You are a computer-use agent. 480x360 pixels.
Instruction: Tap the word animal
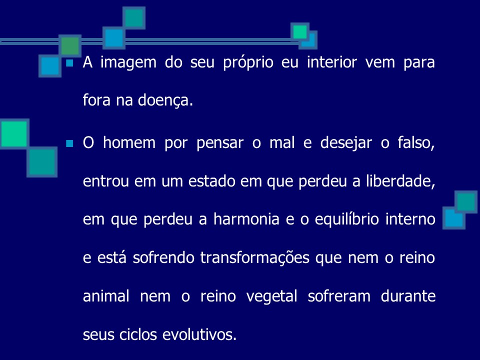[103, 296]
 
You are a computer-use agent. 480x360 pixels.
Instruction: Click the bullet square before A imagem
[69, 63]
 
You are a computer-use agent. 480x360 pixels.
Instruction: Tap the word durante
[408, 296]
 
